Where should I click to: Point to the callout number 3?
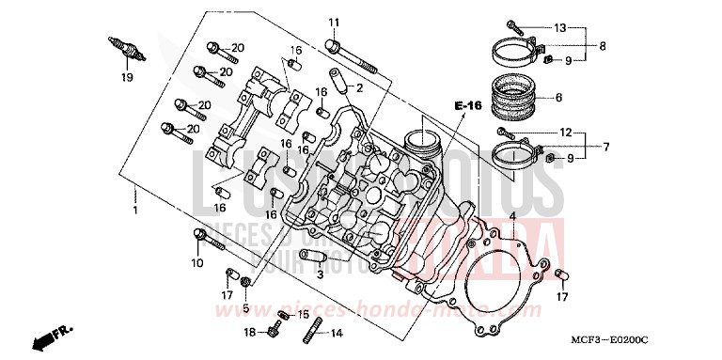click(x=320, y=274)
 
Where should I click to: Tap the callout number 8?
click(x=603, y=45)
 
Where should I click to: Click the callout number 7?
click(x=605, y=147)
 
